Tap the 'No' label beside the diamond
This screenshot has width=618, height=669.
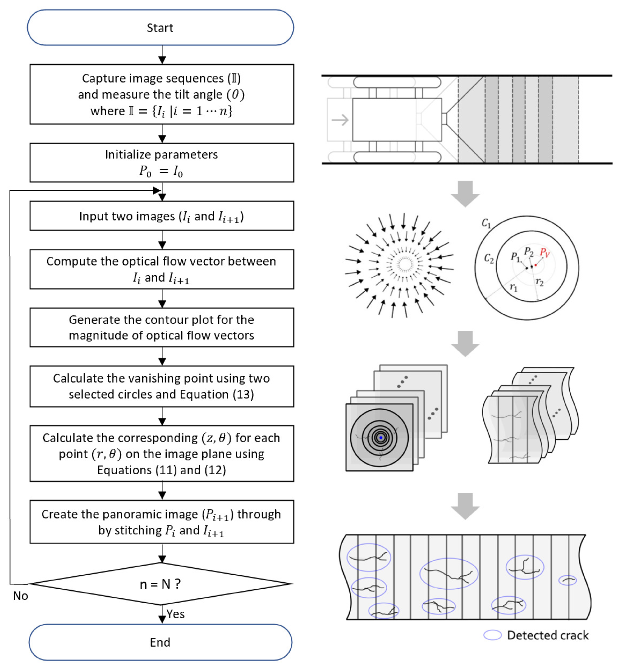[x=20, y=596]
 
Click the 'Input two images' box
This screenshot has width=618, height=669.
[x=162, y=216]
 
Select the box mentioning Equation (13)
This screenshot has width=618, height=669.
[x=162, y=386]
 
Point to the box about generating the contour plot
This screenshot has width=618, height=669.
[x=162, y=328]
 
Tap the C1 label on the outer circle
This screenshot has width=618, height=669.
[x=486, y=223]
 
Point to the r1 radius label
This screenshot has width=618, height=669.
[x=513, y=287]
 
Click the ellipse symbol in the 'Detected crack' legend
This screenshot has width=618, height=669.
[x=492, y=635]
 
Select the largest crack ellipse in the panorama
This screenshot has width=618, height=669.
[x=449, y=574]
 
